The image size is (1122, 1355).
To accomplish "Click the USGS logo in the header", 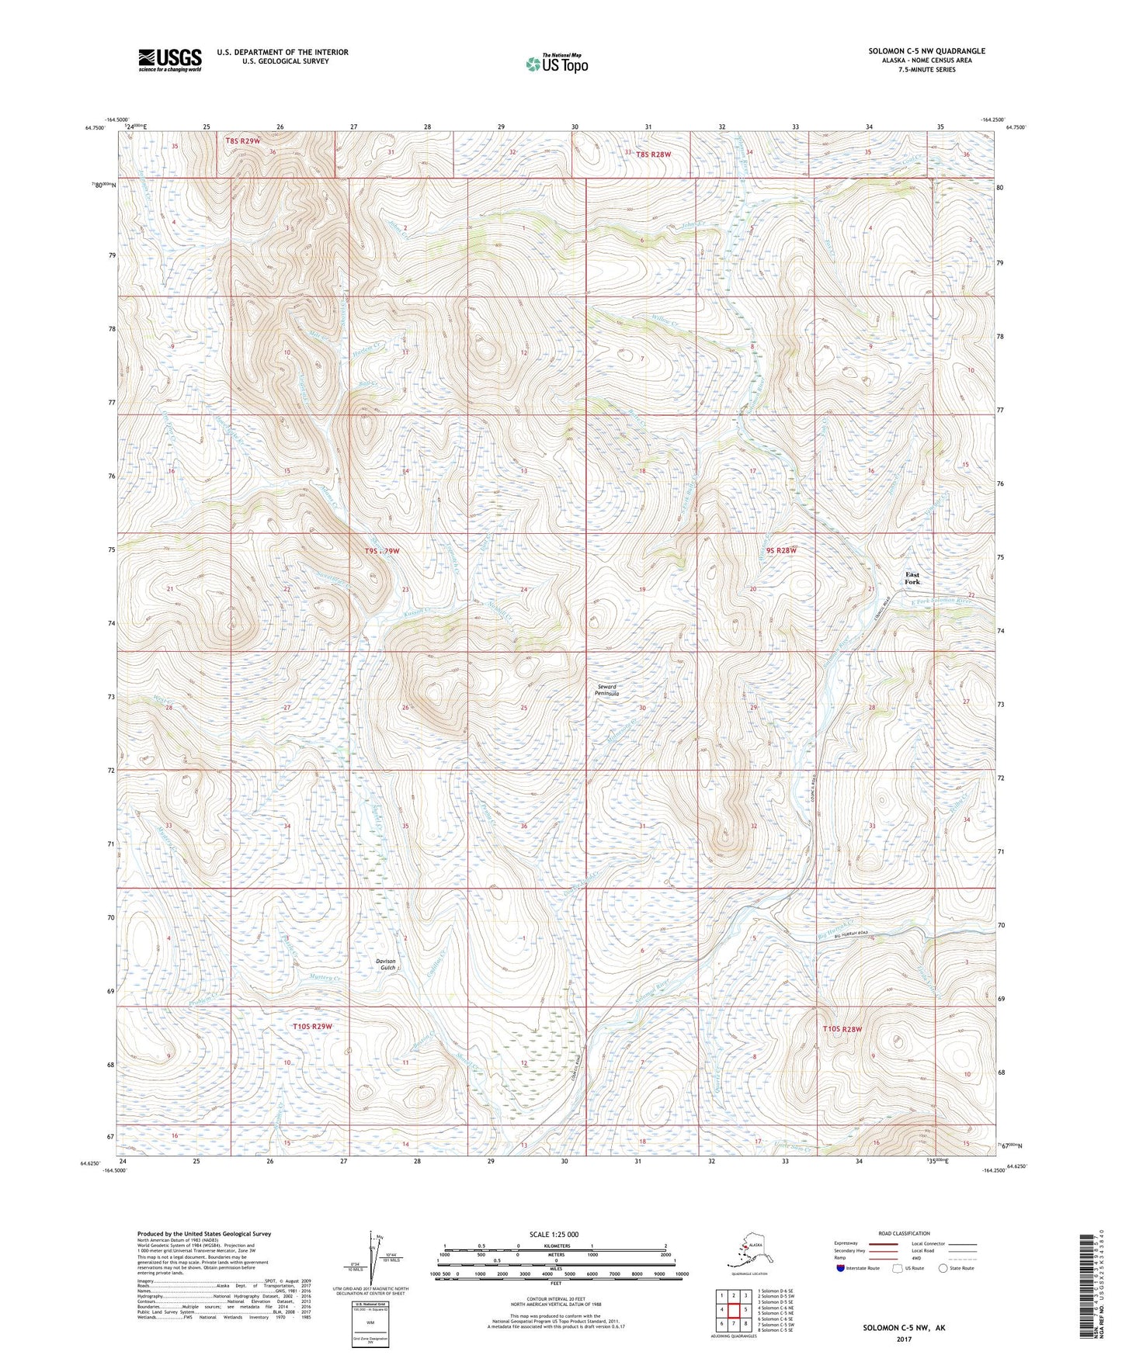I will (169, 59).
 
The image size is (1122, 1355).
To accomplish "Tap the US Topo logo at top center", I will (556, 63).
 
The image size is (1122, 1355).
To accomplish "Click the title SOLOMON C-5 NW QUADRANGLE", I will (926, 51).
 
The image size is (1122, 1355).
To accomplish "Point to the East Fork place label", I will (912, 578).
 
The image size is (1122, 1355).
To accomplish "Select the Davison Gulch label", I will (387, 964).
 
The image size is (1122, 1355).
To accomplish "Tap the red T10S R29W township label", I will (312, 1026).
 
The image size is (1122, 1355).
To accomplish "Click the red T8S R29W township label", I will (243, 141).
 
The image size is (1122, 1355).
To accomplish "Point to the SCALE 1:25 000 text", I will (553, 1234).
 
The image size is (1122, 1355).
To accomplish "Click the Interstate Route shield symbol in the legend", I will (839, 1268).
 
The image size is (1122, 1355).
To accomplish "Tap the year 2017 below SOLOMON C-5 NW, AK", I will (903, 1339).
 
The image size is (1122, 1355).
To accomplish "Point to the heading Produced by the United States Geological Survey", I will (204, 1233).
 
